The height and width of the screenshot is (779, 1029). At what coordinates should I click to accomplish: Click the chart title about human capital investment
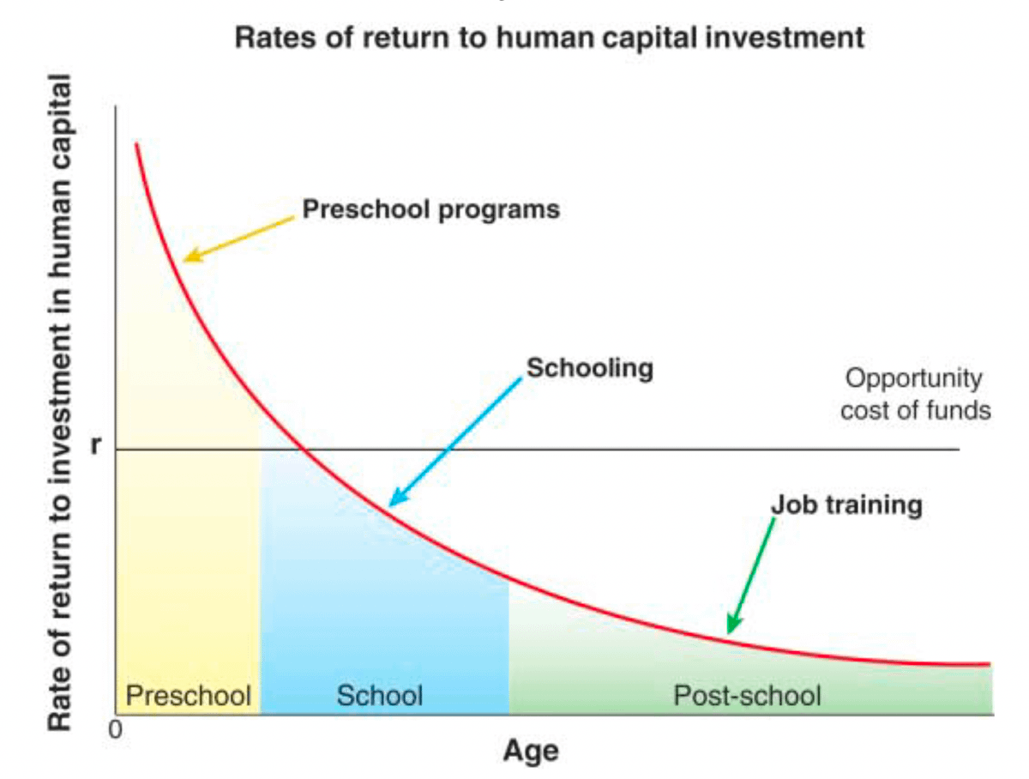549,38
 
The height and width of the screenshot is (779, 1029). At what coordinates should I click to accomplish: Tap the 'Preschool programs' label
430,209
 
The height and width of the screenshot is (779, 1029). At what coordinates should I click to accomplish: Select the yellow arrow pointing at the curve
239,239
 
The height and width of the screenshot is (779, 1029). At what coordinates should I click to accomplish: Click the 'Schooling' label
590,368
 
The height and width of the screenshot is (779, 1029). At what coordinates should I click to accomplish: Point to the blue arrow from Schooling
455,442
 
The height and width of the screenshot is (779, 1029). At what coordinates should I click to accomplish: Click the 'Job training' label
846,505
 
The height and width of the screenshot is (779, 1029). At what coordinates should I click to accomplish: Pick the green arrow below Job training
750,576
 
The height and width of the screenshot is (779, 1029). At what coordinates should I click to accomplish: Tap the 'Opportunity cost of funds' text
916,394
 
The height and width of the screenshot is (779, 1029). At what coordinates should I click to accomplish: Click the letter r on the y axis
96,444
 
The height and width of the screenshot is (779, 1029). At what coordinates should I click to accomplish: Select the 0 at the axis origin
115,730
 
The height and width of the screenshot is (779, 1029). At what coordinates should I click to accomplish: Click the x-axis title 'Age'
531,752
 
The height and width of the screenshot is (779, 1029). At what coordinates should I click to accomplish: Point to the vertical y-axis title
59,402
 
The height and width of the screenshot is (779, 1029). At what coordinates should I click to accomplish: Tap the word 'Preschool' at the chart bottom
189,695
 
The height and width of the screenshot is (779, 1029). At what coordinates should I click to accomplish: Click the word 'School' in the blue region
380,695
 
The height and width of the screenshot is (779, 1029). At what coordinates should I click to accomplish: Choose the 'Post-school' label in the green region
747,695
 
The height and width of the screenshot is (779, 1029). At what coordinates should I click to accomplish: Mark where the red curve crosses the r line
305,450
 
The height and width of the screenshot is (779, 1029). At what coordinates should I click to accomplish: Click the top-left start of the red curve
136,143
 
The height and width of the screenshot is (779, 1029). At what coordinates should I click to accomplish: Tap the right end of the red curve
990,664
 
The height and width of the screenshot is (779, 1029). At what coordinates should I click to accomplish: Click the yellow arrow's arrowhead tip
184,260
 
